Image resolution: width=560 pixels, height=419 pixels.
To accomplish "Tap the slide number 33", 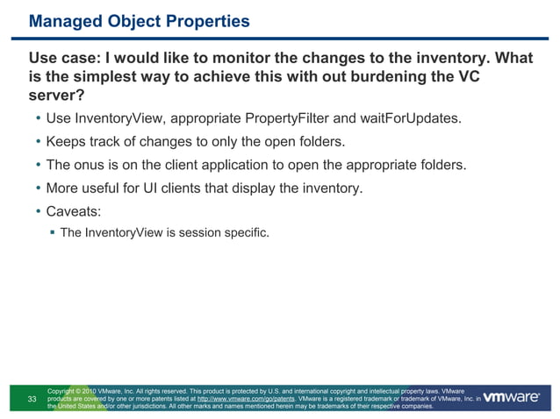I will tap(32, 400).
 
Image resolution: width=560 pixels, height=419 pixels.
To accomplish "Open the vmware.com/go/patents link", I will tap(246, 399).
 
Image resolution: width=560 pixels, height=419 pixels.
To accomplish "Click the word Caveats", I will tap(79, 211).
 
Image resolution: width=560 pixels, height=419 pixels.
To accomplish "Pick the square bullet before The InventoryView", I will tap(52, 233).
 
